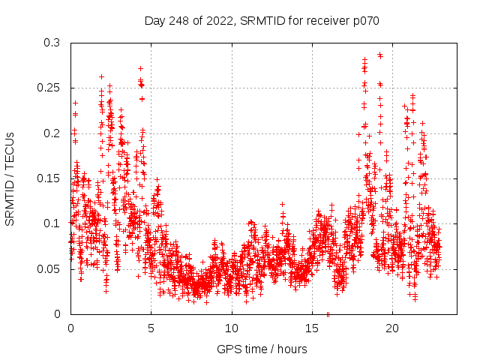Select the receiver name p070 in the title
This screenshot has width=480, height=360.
[x=364, y=20]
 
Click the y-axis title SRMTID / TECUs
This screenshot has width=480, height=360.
[x=10, y=178]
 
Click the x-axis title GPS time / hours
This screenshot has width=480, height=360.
[x=262, y=349]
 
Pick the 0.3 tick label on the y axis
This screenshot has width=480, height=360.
[x=51, y=43]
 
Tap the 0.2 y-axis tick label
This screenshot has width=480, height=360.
[x=51, y=133]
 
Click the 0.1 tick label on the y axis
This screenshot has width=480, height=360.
[x=51, y=223]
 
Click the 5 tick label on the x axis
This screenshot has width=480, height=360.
[x=151, y=328]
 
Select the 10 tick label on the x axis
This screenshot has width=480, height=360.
[x=231, y=328]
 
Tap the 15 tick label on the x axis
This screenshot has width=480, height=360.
[x=311, y=328]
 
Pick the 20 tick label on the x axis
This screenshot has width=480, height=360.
[x=391, y=328]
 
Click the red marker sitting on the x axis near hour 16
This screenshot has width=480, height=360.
[x=328, y=313]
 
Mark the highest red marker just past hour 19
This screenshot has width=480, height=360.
[x=379, y=55]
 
